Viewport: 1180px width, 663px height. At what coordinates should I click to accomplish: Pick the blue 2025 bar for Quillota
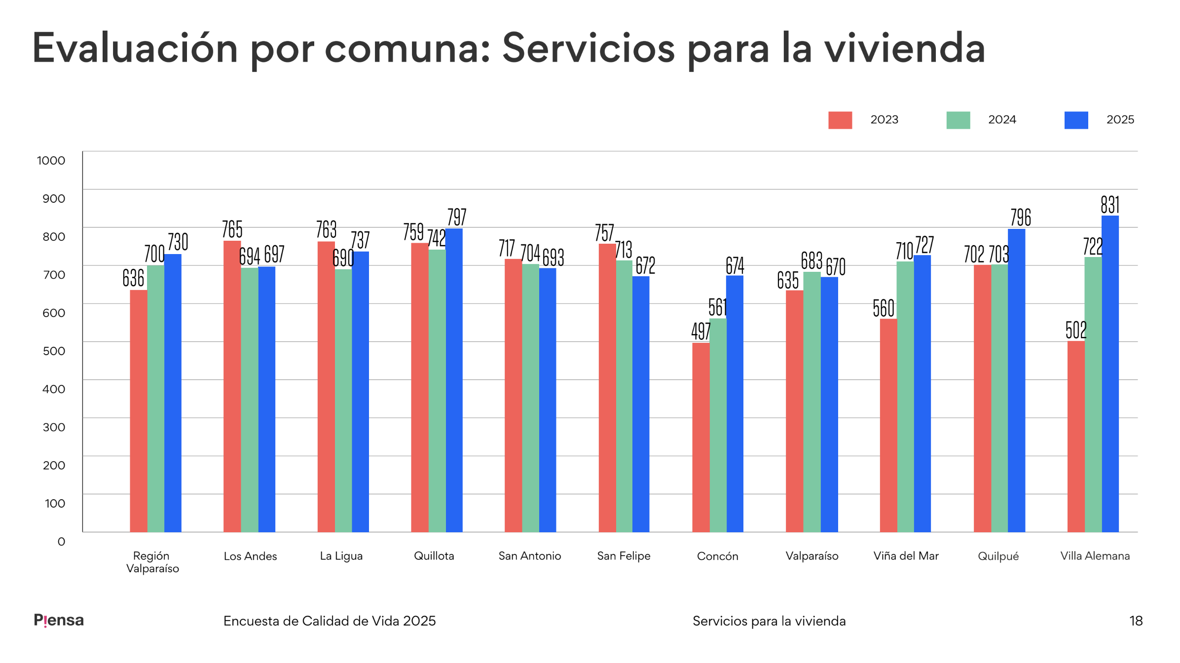tap(454, 380)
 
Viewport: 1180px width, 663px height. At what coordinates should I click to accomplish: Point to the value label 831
tap(1110, 205)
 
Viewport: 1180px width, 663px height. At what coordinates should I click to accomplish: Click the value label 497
tap(701, 331)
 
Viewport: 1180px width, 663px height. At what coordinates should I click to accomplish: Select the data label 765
tap(232, 229)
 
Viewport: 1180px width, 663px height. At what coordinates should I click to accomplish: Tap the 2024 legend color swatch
tap(958, 120)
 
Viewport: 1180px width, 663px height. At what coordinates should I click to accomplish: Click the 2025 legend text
tap(1120, 120)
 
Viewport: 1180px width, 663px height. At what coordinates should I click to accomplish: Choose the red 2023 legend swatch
tap(840, 120)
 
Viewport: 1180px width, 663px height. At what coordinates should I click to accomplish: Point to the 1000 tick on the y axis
tap(51, 160)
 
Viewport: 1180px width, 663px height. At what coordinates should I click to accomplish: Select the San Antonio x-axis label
tap(529, 556)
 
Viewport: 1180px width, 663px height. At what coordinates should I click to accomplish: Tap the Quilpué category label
tap(998, 556)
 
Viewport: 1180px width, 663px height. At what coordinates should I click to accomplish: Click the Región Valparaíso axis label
tap(152, 562)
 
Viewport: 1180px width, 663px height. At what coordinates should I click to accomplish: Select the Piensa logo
tap(59, 620)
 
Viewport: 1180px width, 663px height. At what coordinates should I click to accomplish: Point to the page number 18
tap(1136, 621)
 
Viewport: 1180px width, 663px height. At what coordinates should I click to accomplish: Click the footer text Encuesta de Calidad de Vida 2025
tap(330, 621)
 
